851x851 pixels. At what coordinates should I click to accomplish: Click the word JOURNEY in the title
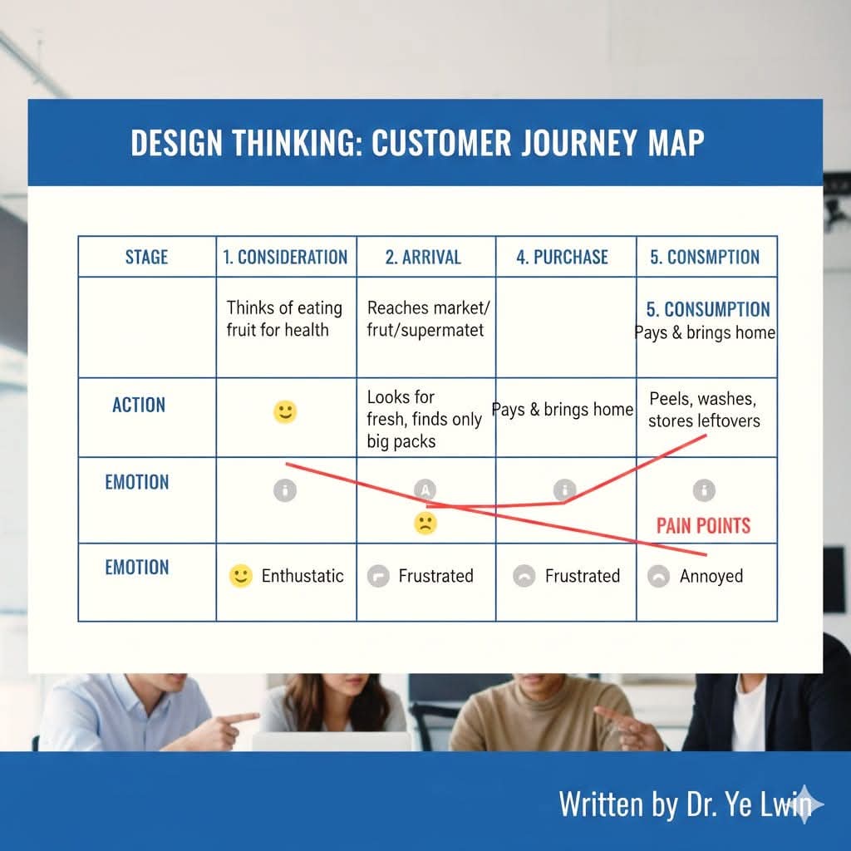[579, 143]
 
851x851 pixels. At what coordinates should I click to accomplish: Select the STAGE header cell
[146, 257]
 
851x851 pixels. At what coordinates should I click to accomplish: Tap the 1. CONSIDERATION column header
[286, 257]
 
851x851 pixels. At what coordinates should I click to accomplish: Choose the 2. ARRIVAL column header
[423, 257]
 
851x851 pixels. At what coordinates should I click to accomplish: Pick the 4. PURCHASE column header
[563, 257]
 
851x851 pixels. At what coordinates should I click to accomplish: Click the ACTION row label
[139, 405]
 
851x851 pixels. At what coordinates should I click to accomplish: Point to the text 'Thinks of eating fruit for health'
[284, 318]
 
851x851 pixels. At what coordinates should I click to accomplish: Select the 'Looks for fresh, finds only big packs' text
[424, 419]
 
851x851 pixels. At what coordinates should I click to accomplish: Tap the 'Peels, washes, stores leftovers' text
[704, 410]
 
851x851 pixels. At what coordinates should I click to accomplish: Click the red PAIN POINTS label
[703, 525]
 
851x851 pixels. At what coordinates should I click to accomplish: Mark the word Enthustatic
[303, 576]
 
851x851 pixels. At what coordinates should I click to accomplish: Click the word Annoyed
[711, 577]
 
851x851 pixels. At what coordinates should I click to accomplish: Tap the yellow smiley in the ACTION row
[285, 412]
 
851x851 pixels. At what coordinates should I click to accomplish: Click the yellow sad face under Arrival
[425, 524]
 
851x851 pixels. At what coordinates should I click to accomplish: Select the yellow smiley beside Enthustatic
[240, 576]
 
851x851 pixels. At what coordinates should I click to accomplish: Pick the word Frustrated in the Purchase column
[583, 576]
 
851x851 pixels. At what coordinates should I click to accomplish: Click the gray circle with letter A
[425, 490]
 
